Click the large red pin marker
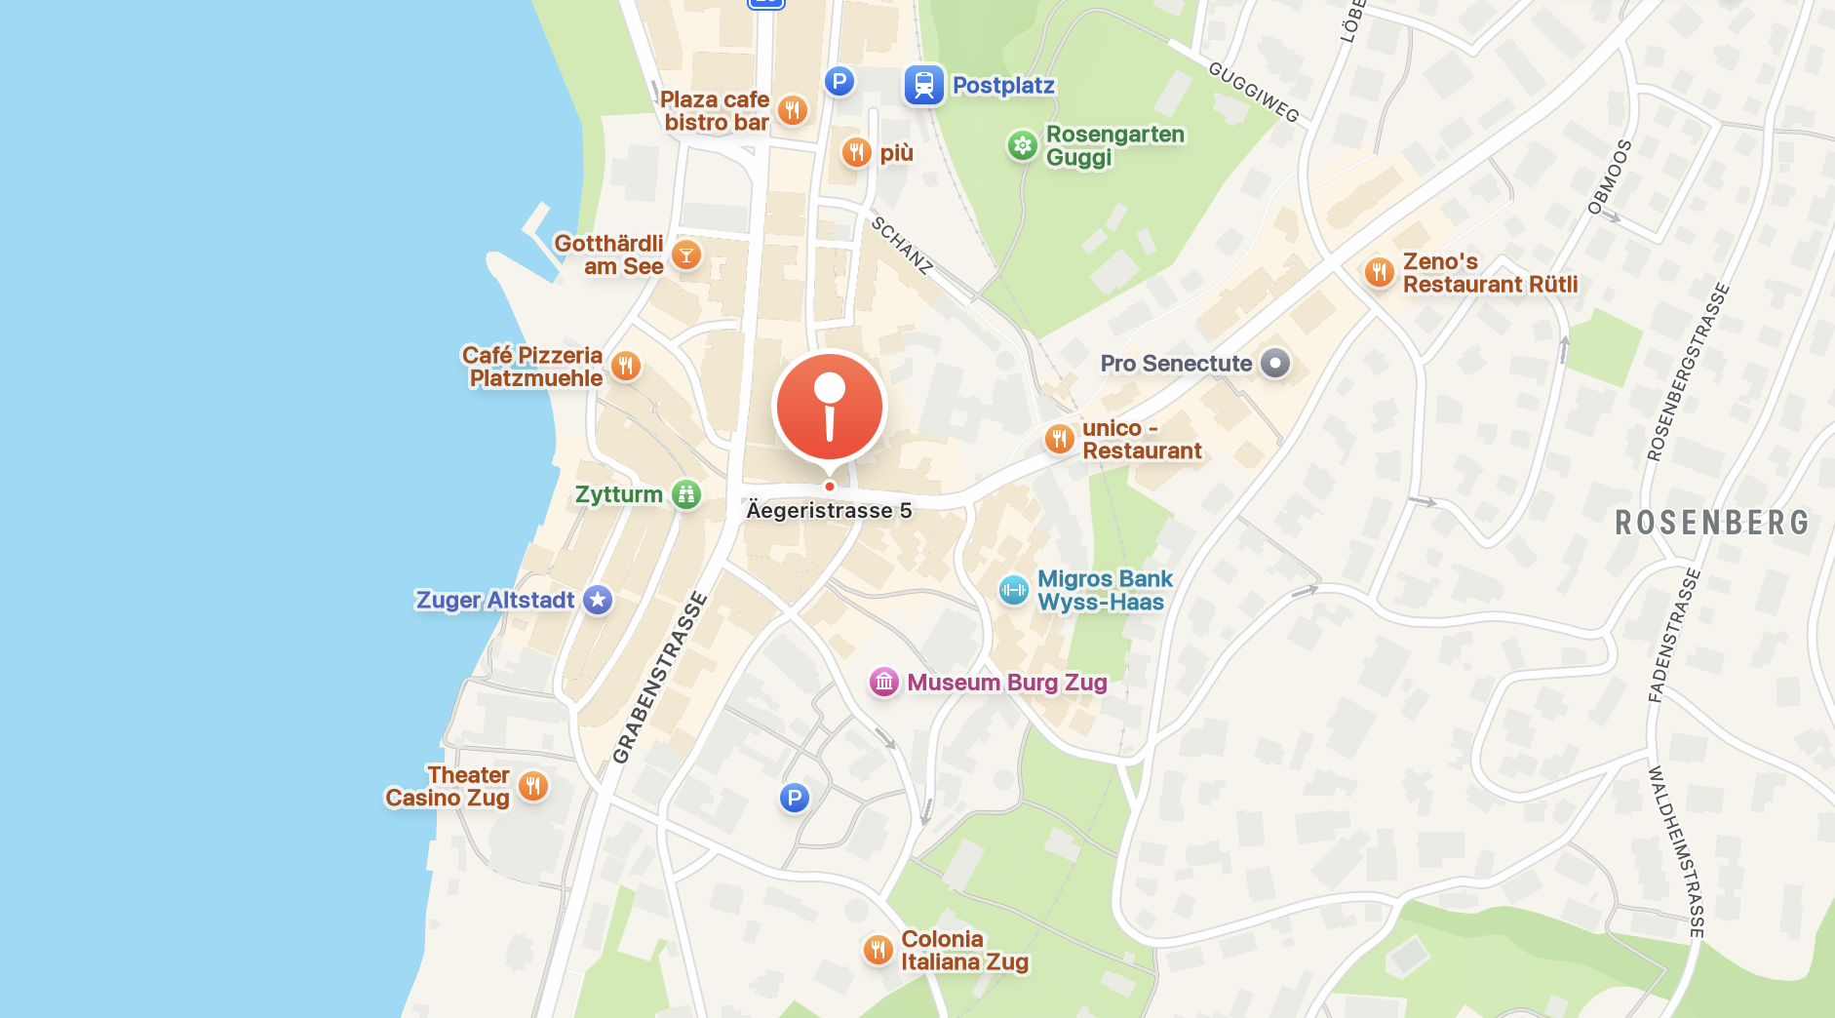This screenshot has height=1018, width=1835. [x=829, y=408]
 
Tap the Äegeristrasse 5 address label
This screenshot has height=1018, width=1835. [x=829, y=511]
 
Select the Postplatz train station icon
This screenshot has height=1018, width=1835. [x=923, y=86]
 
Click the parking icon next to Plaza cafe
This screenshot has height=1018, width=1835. [x=839, y=81]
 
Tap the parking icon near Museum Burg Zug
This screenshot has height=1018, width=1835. [x=795, y=799]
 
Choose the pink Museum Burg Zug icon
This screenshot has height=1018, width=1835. [x=884, y=683]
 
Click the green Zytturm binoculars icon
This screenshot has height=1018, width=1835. [x=686, y=494]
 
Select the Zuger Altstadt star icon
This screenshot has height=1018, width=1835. [x=598, y=600]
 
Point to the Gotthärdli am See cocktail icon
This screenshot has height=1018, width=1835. [x=686, y=255]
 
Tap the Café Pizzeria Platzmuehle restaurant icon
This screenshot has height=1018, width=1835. [x=626, y=367]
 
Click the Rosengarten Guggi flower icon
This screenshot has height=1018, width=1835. [x=1022, y=146]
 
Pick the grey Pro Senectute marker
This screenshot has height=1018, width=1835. [x=1275, y=364]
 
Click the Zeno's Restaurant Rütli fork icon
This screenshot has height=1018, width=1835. [x=1379, y=272]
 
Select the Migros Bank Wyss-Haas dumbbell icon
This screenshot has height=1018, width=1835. [x=1014, y=590]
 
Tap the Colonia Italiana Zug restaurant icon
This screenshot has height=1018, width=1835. [x=878, y=950]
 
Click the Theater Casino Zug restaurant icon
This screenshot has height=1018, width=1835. [x=532, y=786]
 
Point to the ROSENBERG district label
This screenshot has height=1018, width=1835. [x=1712, y=523]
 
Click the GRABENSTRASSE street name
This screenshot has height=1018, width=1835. [x=659, y=678]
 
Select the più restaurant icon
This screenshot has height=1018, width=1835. [x=856, y=152]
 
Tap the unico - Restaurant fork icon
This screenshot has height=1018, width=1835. [x=1060, y=439]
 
